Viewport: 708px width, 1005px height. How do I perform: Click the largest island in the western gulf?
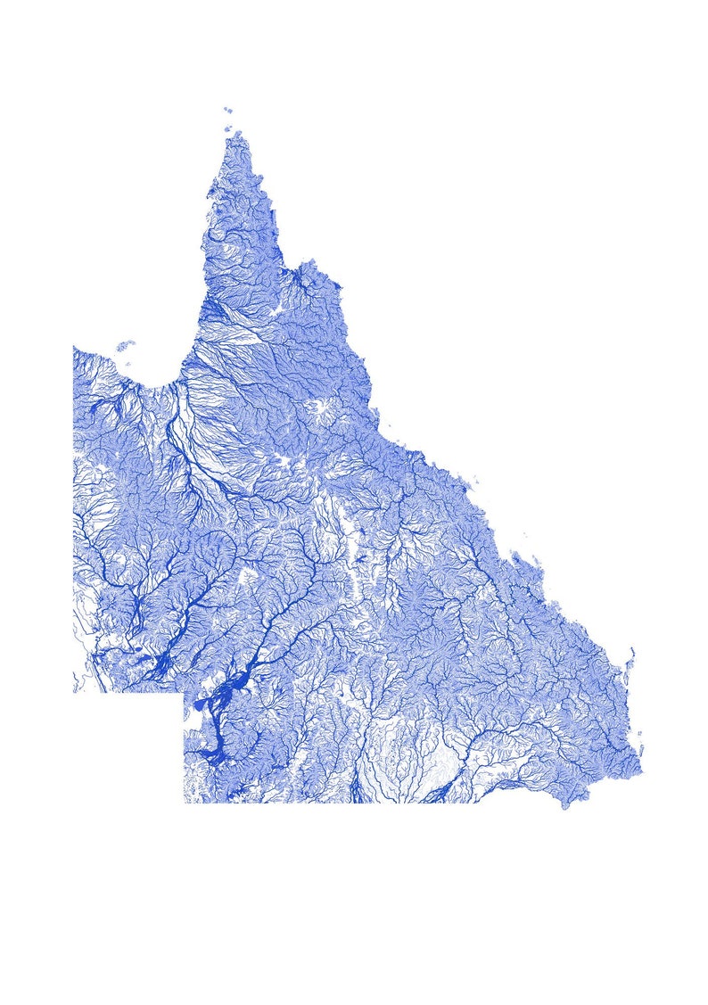[126, 344]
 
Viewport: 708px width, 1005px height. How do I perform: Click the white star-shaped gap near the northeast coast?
[319, 411]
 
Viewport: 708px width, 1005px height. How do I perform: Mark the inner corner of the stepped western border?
[185, 693]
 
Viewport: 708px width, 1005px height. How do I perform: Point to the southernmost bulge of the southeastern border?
[564, 805]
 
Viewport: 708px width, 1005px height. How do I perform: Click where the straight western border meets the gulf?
[74, 347]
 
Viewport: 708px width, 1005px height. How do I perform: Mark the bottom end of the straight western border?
[74, 692]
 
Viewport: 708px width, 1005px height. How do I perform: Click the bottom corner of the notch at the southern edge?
[185, 802]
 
